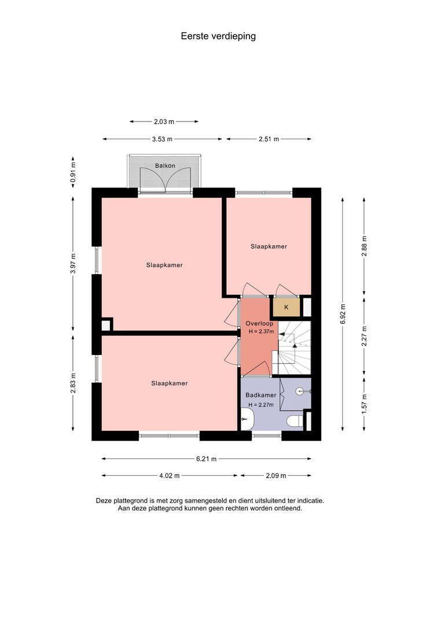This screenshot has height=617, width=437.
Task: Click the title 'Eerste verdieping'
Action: pyautogui.click(x=218, y=36)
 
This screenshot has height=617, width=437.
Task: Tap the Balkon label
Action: pyautogui.click(x=165, y=165)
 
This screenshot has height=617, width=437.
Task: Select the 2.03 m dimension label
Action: pyautogui.click(x=164, y=121)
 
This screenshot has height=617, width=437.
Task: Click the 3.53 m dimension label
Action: pyautogui.click(x=162, y=139)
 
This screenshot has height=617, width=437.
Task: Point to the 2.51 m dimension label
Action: pyautogui.click(x=269, y=139)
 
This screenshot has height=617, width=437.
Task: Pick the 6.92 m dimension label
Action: pyautogui.click(x=343, y=314)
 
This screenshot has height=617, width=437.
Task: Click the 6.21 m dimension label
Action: pyautogui.click(x=206, y=459)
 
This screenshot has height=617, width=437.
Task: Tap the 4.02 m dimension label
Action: pyautogui.click(x=169, y=476)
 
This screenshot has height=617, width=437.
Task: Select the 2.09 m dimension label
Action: pyautogui.click(x=276, y=476)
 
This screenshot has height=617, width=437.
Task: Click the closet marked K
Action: pyautogui.click(x=286, y=307)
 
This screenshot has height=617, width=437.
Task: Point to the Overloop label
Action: pyautogui.click(x=259, y=323)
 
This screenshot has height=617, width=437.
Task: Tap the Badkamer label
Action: pyautogui.click(x=260, y=395)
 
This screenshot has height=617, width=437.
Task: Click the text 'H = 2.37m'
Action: pyautogui.click(x=262, y=331)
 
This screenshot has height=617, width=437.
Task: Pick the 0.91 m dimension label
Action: pyautogui.click(x=73, y=173)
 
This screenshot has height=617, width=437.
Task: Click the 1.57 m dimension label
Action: pyautogui.click(x=364, y=404)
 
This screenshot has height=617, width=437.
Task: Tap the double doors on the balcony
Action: pyautogui.click(x=166, y=179)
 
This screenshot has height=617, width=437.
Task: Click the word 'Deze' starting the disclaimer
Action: pyautogui.click(x=104, y=501)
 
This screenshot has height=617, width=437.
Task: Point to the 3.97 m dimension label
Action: pyautogui.click(x=73, y=264)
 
